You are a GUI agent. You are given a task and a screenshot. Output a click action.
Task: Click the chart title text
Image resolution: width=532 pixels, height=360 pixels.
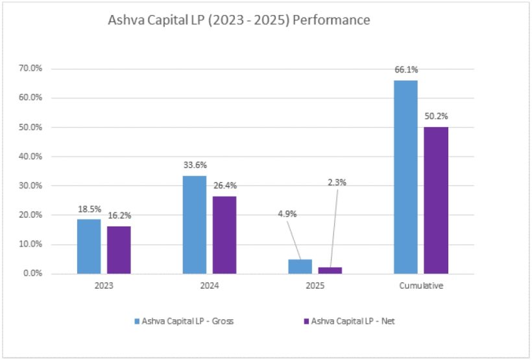pyautogui.click(x=239, y=21)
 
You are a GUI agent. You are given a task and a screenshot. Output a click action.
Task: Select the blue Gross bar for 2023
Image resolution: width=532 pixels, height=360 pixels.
pyautogui.click(x=89, y=246)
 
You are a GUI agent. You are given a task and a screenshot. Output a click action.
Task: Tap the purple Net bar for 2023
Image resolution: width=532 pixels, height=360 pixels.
pyautogui.click(x=119, y=250)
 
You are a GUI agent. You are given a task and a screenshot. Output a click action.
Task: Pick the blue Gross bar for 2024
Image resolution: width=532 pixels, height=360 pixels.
pyautogui.click(x=195, y=224)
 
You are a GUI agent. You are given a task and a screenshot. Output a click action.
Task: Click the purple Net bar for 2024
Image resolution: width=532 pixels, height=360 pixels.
pyautogui.click(x=224, y=235)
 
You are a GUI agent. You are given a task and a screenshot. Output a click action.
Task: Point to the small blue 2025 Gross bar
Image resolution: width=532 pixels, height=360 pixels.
pyautogui.click(x=300, y=267)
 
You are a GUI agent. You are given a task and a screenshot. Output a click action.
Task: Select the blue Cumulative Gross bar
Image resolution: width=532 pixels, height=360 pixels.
pyautogui.click(x=405, y=177)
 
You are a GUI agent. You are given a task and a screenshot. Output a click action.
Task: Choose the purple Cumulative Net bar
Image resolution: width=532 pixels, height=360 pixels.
pyautogui.click(x=435, y=200)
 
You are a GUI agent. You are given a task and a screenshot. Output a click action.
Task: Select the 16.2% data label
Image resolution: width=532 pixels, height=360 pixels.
pyautogui.click(x=119, y=215)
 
